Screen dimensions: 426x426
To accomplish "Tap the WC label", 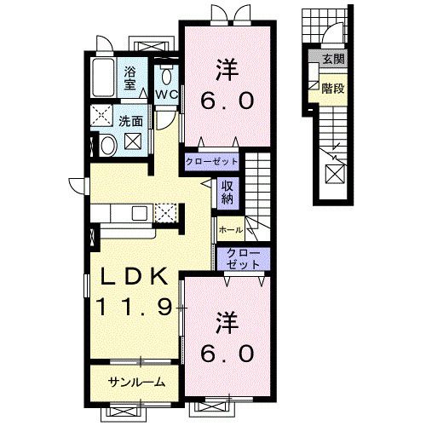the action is [167, 95].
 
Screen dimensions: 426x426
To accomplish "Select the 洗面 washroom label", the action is [130, 122].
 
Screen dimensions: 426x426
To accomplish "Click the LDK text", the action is [135, 276].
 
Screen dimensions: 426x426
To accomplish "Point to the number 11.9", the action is [135, 308].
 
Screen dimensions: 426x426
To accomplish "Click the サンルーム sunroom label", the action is [137, 383].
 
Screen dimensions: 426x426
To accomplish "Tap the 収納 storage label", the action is [227, 193].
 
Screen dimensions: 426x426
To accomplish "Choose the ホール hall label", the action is [231, 229].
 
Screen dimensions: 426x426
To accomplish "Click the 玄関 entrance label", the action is [334, 59].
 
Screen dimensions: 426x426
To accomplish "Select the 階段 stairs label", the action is [333, 89].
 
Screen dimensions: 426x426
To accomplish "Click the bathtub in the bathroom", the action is [103, 78].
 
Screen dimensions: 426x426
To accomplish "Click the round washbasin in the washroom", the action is [108, 146].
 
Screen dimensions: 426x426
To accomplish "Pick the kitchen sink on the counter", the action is [140, 213].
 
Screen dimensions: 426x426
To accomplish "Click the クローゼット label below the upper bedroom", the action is [211, 162].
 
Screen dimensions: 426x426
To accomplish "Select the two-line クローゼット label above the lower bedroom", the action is [244, 259].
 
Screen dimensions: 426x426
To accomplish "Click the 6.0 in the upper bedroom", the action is [227, 101].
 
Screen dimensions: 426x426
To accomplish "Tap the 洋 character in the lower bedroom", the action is [227, 322].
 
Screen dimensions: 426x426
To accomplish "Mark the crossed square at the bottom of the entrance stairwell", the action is [336, 174].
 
